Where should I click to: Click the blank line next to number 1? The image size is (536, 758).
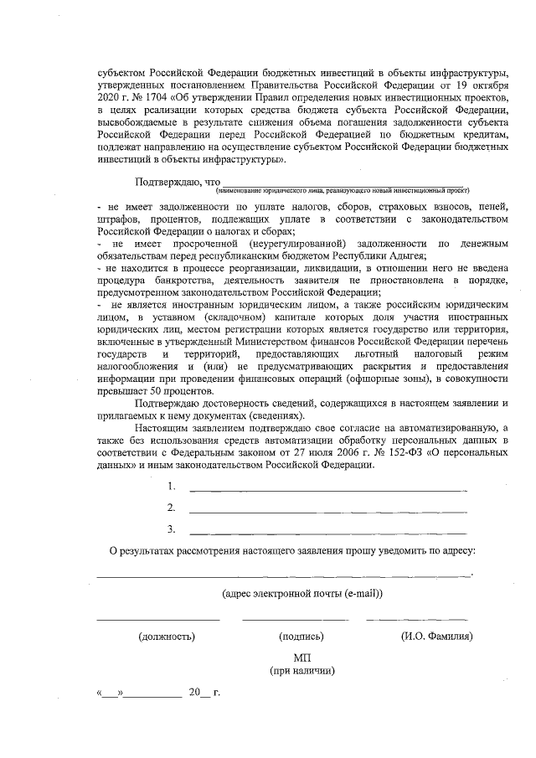(327, 487)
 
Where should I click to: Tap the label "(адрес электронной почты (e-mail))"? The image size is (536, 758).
(302, 593)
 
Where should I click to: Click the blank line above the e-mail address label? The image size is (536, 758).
(284, 575)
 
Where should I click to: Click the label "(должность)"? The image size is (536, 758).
(167, 637)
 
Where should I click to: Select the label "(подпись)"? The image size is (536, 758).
(301, 637)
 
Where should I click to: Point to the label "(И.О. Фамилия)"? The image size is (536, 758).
(436, 637)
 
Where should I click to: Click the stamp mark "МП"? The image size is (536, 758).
(302, 658)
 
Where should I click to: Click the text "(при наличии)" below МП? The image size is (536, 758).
(302, 671)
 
